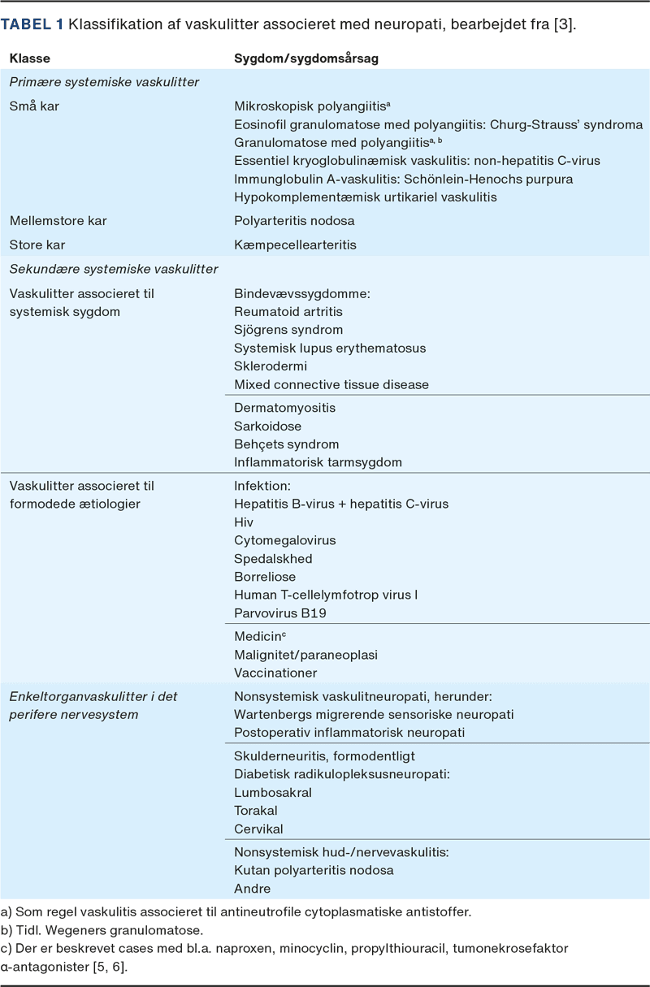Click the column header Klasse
click(28, 59)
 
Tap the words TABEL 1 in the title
click(32, 24)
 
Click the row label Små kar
click(34, 106)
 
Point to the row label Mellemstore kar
click(58, 221)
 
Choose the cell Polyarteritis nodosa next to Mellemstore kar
click(294, 221)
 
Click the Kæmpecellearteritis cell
click(295, 245)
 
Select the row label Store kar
click(37, 245)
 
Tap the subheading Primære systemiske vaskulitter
click(104, 82)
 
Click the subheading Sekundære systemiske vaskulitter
click(113, 269)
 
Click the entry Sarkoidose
click(267, 426)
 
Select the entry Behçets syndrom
click(286, 444)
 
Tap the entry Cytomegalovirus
click(284, 540)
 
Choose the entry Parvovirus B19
click(280, 613)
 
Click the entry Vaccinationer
click(275, 673)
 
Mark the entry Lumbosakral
click(273, 792)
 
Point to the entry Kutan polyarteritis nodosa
click(314, 870)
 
